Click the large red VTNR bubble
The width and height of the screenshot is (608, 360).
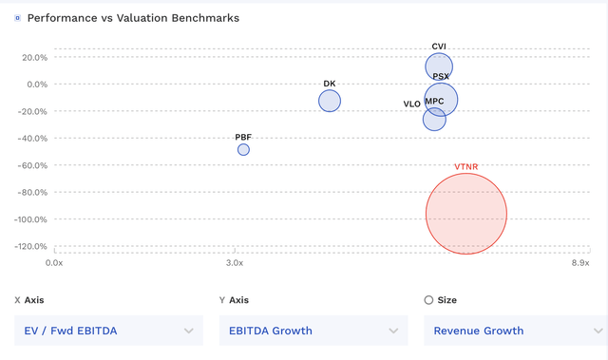465,214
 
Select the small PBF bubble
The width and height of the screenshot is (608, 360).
243,150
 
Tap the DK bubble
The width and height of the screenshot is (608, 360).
330,101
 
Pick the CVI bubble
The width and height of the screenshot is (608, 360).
439,67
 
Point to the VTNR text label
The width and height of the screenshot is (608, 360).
466,167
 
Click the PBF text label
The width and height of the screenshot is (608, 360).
243,137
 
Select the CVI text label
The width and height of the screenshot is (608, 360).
439,46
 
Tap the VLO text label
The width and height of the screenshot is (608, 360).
411,104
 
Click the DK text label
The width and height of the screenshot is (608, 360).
330,84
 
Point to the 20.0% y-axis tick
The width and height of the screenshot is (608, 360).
33,57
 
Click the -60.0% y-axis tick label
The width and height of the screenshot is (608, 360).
30,165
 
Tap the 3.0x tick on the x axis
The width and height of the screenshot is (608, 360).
234,263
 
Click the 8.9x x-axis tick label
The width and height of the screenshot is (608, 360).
579,263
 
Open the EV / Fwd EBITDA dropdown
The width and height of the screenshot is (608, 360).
109,331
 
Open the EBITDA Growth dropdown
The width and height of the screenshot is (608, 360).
313,331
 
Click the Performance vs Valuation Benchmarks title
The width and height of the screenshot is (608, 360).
133,18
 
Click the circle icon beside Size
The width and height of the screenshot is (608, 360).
428,300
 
